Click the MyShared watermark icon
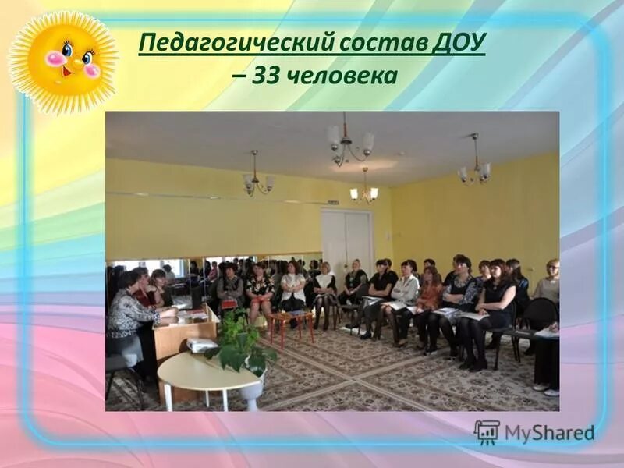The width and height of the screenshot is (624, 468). pyautogui.click(x=487, y=431)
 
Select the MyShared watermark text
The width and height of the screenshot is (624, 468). pyautogui.click(x=549, y=433)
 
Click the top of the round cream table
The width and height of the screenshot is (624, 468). pyautogui.click(x=207, y=370)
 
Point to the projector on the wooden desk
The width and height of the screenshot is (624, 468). pyautogui.click(x=200, y=344)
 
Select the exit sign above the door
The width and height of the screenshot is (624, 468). pyautogui.click(x=333, y=203)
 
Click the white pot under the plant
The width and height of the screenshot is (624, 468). pyautogui.click(x=252, y=390)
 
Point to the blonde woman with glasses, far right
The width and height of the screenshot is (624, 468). pyautogui.click(x=549, y=285)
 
